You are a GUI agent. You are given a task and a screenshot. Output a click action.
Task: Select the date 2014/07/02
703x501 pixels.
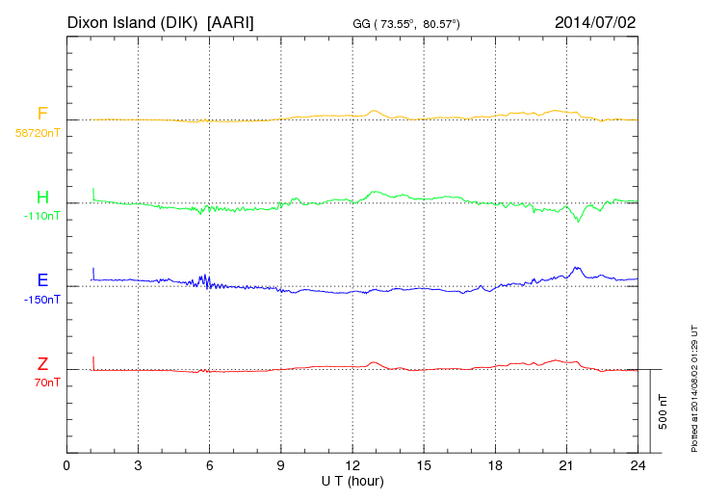tap(595, 21)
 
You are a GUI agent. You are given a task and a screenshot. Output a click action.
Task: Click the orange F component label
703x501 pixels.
tap(42, 114)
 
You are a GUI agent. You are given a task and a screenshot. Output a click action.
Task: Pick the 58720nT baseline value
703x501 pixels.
tap(37, 133)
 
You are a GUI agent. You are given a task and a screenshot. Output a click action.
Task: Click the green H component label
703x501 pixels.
tap(42, 198)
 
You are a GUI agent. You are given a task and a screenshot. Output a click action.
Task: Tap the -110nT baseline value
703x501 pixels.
tap(41, 216)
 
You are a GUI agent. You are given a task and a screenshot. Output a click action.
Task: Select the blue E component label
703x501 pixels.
tap(42, 280)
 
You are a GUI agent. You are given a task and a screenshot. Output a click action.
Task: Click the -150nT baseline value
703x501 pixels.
tap(41, 300)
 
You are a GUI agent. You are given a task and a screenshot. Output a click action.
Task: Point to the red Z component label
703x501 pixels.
tap(42, 363)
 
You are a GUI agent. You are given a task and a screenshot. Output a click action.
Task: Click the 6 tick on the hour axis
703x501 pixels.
tap(210, 465)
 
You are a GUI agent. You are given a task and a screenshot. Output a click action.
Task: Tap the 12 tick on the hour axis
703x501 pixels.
tap(352, 465)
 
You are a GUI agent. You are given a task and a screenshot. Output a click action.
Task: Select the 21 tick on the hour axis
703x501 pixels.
tap(566, 465)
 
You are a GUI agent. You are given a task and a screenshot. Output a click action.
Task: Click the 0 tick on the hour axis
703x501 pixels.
tap(66, 465)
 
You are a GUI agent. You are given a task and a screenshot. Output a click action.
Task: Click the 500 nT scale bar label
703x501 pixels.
tap(663, 411)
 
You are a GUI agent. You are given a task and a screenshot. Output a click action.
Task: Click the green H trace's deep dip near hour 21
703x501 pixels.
tap(579, 222)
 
